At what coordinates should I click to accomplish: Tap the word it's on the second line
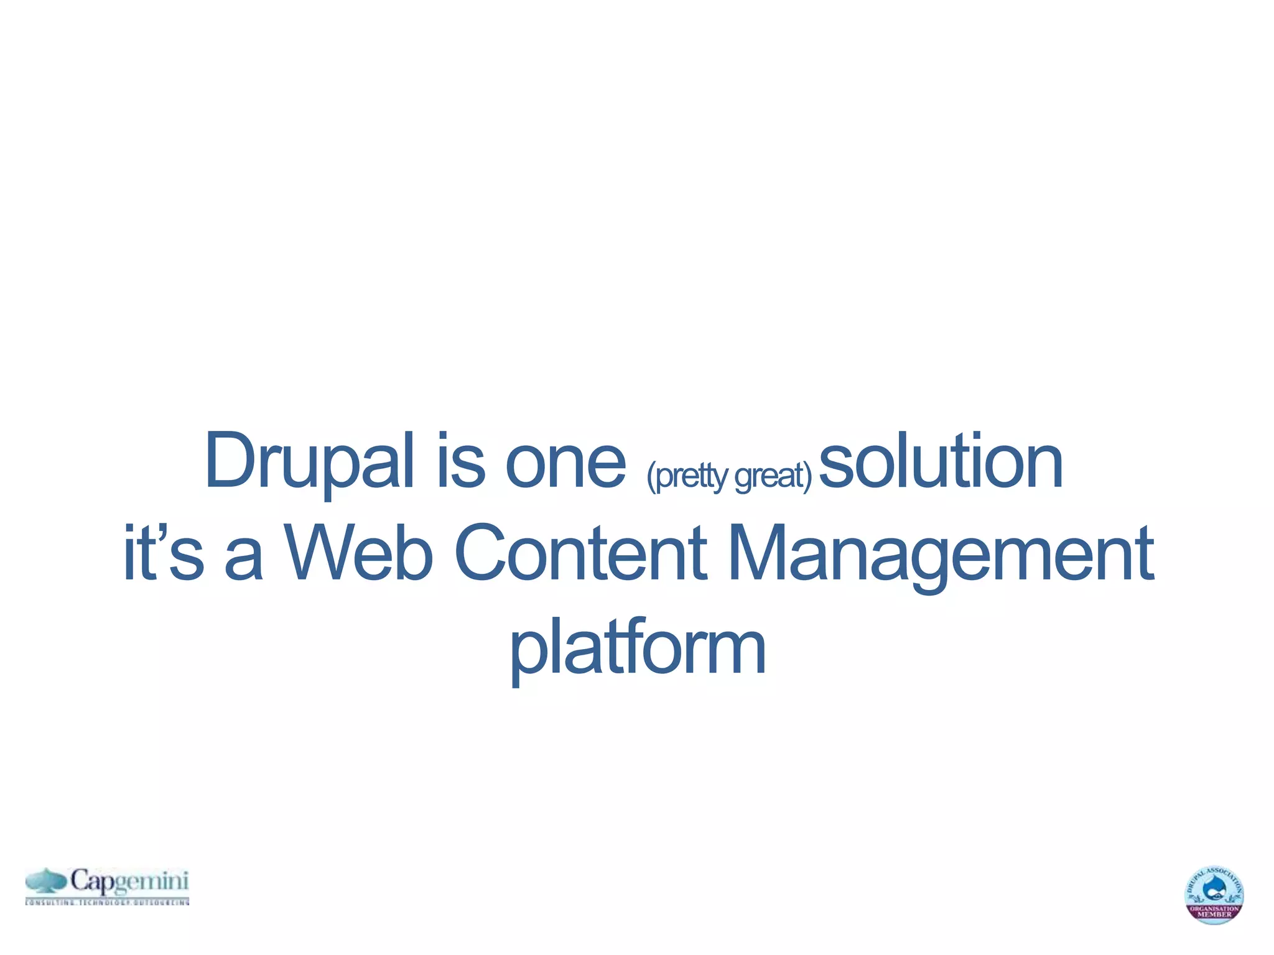pos(163,553)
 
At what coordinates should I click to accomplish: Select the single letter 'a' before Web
pos(243,560)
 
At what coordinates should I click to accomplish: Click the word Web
pos(358,553)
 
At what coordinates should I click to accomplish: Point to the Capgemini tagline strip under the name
pos(107,902)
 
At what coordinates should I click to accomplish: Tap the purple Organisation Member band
pos(1214,911)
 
